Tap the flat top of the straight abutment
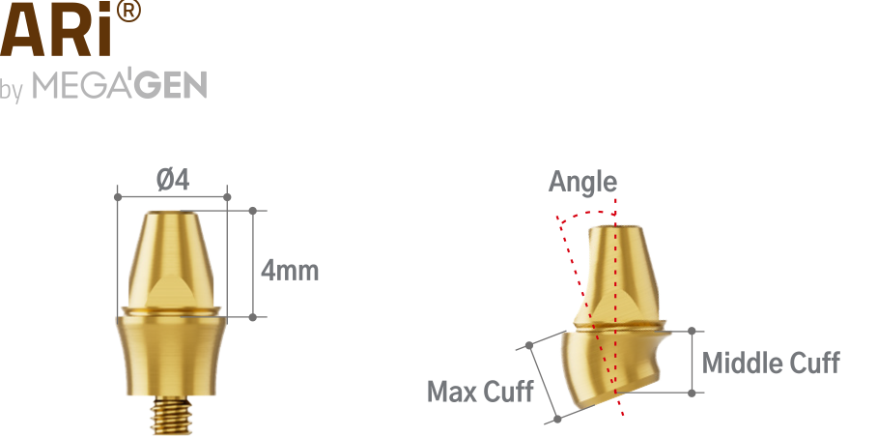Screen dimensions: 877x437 coord(171,213)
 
